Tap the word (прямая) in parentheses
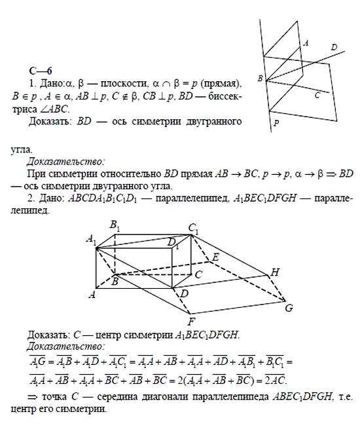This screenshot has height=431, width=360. click(x=222, y=83)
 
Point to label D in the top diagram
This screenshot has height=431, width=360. click(x=334, y=47)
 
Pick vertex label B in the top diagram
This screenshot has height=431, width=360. click(x=261, y=79)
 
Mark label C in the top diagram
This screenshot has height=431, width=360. click(x=317, y=94)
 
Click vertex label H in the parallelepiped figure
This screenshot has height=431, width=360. click(x=275, y=272)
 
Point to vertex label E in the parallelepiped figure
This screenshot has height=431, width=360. click(x=215, y=257)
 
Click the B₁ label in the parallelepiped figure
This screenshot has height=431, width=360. click(x=115, y=226)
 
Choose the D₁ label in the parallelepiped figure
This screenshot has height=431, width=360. click(x=173, y=243)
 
